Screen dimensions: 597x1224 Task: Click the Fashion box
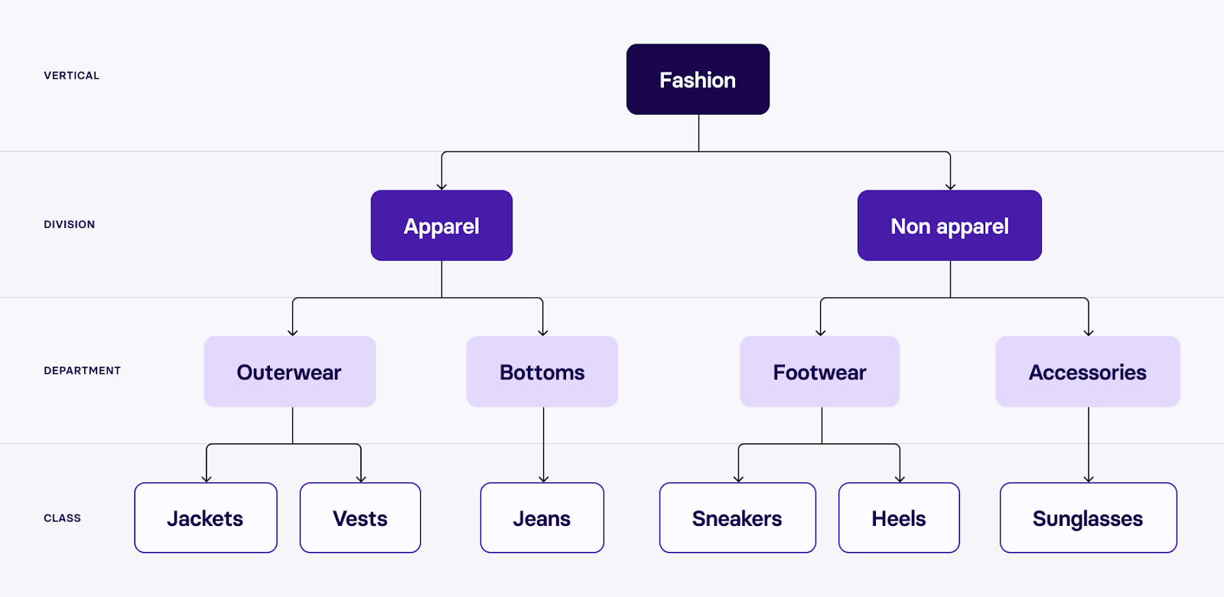698,79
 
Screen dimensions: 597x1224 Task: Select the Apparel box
441,225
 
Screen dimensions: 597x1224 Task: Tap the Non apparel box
949,225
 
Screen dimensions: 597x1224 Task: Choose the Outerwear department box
289,372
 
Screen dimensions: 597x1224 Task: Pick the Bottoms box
542,372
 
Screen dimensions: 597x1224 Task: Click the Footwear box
819,372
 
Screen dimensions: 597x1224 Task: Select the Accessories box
1087,372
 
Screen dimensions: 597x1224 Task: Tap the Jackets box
205,518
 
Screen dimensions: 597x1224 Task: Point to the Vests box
360,518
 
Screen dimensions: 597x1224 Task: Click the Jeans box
542,518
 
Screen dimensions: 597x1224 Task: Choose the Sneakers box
737,518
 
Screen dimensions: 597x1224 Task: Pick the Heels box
898,518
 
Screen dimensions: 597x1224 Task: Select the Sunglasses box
1088,518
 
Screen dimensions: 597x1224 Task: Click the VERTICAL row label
71,76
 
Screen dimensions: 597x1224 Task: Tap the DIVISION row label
69,225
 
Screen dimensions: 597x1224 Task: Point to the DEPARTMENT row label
82,371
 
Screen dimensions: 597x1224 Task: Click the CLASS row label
62,518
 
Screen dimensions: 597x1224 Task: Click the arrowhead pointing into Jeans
544,479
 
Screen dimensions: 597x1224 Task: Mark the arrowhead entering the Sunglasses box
1089,479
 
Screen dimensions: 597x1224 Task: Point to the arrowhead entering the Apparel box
441,186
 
